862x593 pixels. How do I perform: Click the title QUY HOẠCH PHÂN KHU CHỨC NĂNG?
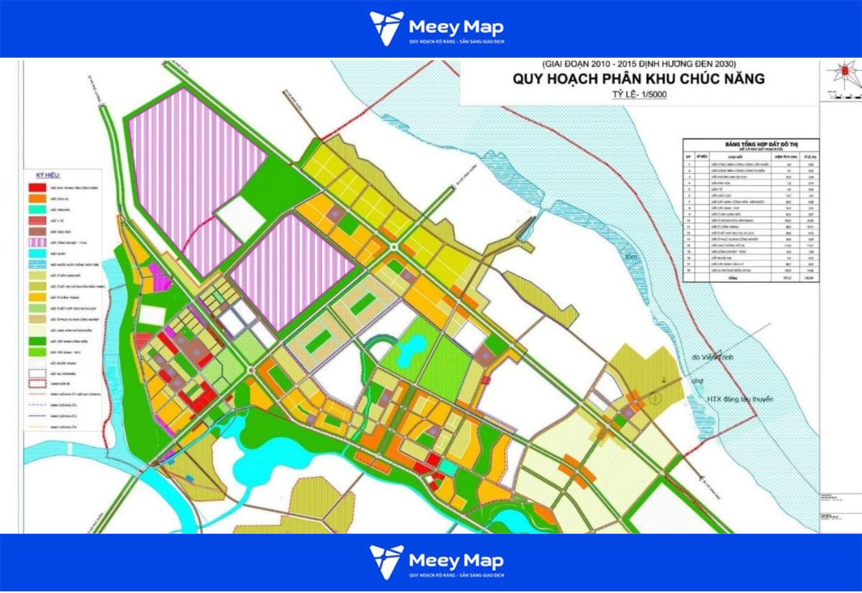tap(638, 79)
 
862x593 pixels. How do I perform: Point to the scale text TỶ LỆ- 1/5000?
tap(639, 95)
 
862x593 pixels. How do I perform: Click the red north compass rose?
tap(845, 70)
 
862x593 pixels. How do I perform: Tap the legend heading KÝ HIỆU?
tap(48, 176)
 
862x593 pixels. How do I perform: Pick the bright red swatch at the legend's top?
tap(37, 187)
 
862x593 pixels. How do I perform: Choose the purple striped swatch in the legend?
tap(37, 242)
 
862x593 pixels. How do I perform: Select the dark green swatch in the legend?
tap(37, 341)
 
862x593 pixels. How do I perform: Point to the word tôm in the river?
tap(631, 257)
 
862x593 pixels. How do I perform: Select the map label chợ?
tap(698, 381)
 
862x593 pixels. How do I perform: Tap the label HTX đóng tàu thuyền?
tap(740, 399)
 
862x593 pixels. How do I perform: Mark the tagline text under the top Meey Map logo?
tap(456, 42)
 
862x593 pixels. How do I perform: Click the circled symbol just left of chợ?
tap(655, 398)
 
